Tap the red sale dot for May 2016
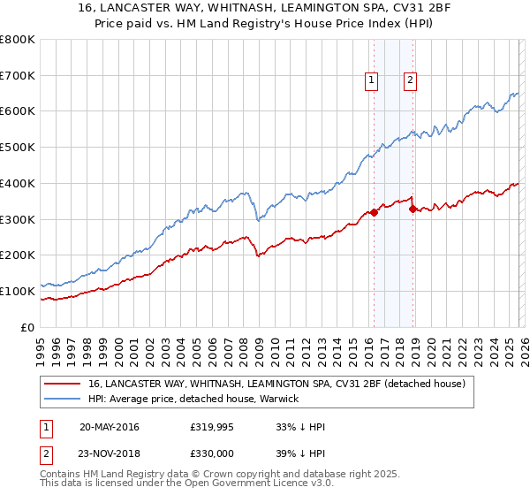pos(374,211)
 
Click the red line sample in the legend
pos(62,385)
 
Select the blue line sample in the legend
pos(62,400)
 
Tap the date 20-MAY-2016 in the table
pos(109,427)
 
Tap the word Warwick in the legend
pos(281,400)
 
